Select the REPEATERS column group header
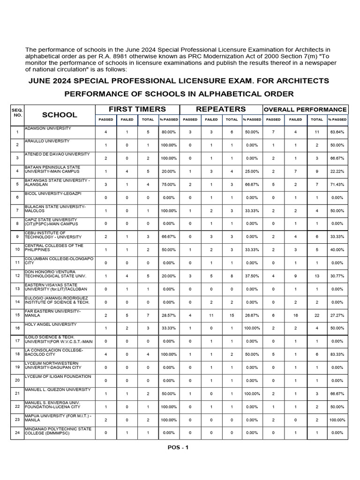(220, 109)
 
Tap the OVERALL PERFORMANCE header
(305, 109)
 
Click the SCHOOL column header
(60, 114)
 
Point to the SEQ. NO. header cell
(17, 112)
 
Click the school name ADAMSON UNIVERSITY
(48, 128)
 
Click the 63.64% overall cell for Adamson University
(337, 132)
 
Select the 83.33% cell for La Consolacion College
(337, 354)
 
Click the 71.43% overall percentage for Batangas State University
(337, 184)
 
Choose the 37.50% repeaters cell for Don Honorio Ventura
(252, 276)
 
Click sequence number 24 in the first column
(17, 433)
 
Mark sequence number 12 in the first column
(17, 276)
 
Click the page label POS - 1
(178, 447)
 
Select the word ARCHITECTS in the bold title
(300, 81)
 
